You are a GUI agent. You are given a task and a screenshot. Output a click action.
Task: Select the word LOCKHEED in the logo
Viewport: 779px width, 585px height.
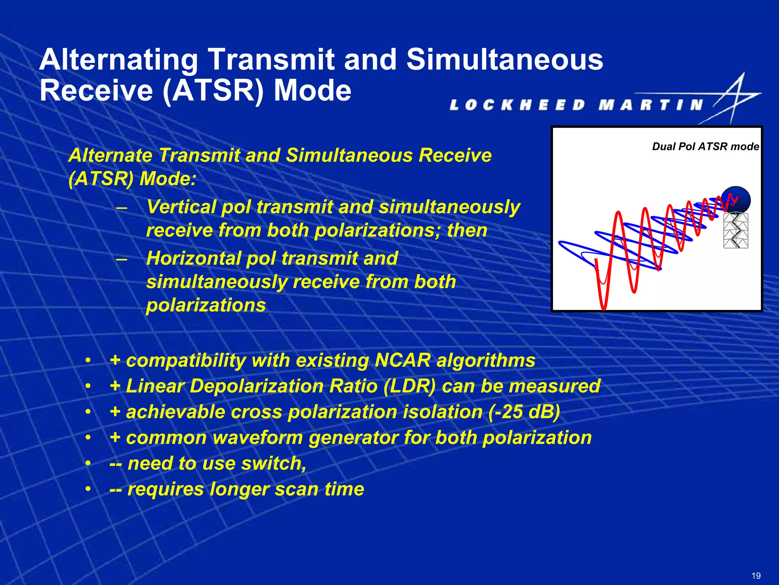point(517,105)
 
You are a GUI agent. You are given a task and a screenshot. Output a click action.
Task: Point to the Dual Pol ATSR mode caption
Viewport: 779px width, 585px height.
point(705,147)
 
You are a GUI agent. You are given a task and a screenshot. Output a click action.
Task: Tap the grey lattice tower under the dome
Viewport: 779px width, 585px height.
point(736,231)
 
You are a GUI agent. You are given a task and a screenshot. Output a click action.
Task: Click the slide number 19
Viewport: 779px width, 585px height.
point(756,575)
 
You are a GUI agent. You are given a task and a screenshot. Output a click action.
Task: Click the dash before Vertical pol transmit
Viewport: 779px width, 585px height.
point(122,208)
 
